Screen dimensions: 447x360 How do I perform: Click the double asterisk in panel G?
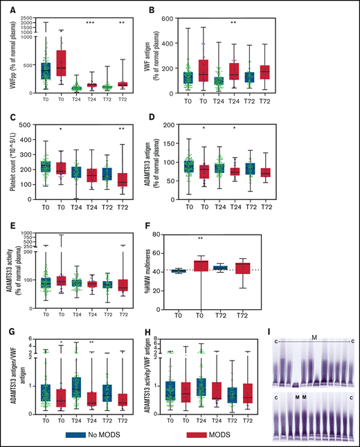(91, 343)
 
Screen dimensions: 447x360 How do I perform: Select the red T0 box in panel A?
(60, 62)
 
